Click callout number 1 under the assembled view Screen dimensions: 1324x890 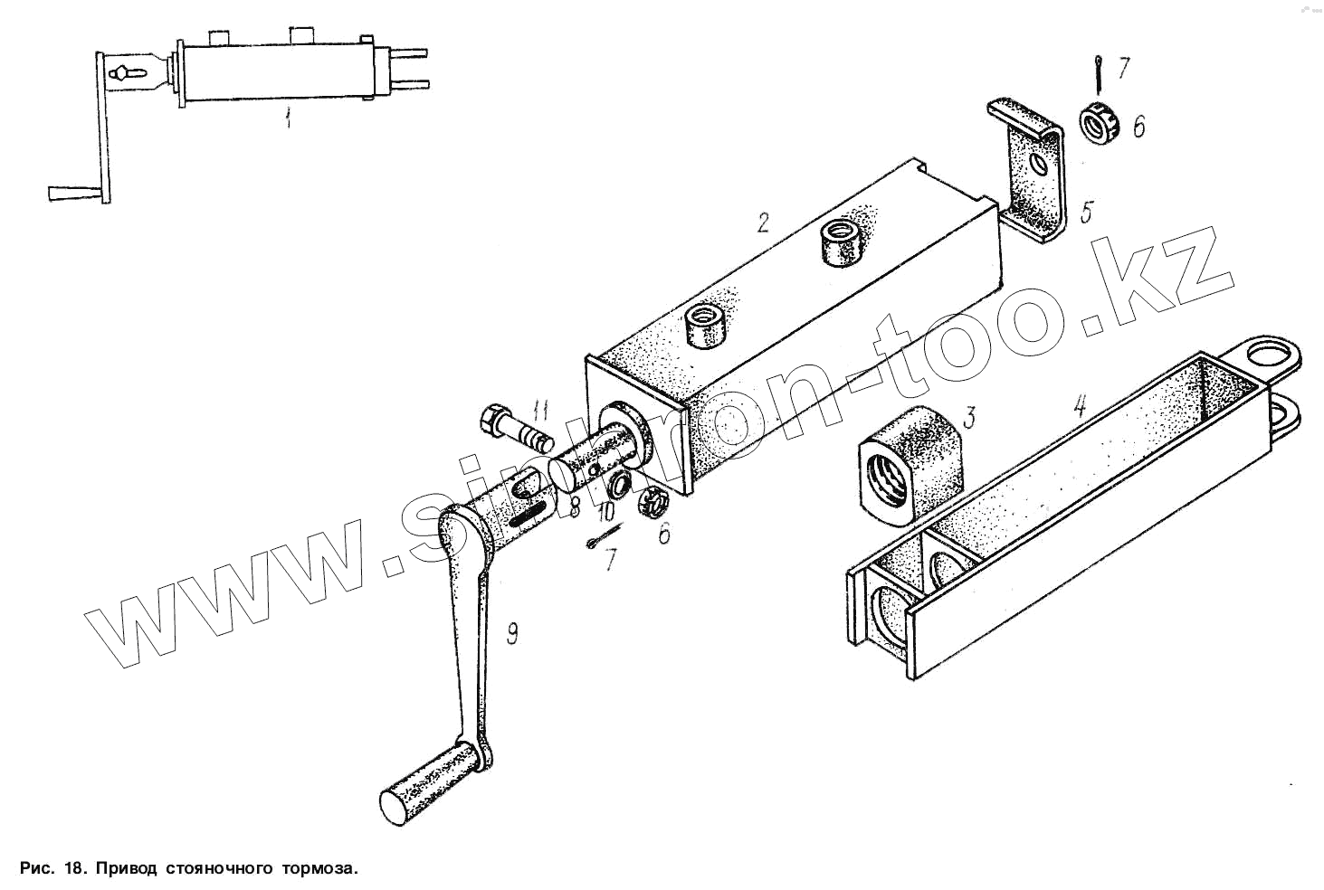tap(289, 118)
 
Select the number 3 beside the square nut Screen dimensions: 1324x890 tap(968, 417)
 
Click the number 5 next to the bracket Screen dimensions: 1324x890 tap(1086, 213)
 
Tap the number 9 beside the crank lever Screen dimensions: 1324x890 tap(511, 634)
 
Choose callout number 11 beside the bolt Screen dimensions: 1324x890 tap(540, 412)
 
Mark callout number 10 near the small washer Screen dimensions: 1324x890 tap(605, 511)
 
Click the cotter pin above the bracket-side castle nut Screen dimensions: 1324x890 tap(1098, 73)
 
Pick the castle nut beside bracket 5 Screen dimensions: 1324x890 tap(1100, 123)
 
